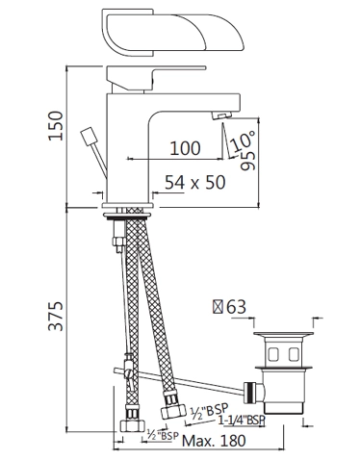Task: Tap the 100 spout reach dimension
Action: point(185,147)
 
